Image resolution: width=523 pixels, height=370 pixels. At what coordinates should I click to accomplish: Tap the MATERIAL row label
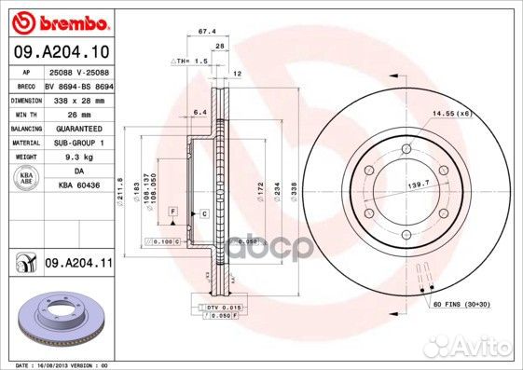tap(26, 142)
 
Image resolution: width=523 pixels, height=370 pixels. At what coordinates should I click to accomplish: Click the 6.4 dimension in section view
tap(199, 113)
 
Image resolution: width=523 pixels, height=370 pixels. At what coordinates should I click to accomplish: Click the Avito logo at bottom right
tap(486, 349)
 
